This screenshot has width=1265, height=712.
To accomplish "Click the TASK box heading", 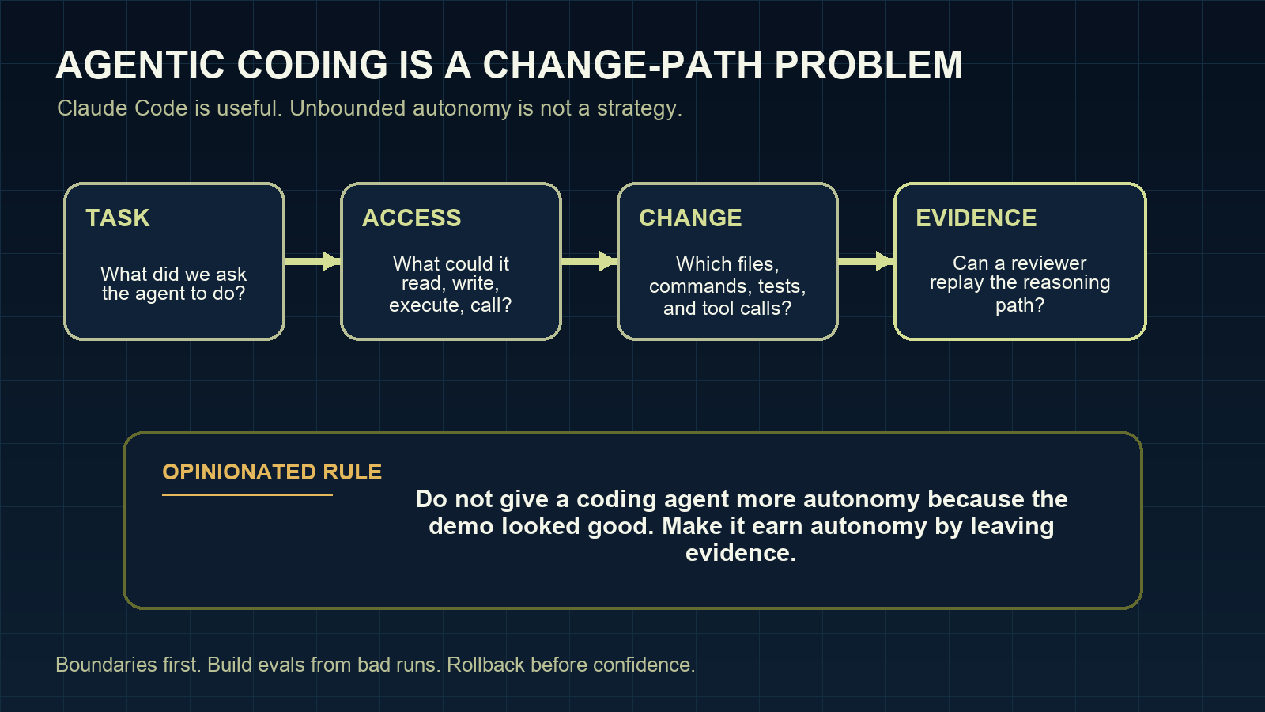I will point(118,218).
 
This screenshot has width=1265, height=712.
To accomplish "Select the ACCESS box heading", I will point(411,218).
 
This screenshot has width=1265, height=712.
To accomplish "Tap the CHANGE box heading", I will point(690,218).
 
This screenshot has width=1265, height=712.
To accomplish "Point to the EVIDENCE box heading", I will point(976,218).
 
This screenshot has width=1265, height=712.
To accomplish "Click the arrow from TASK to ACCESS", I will point(312,261).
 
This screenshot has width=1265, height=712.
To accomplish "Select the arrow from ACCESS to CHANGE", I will point(589,261).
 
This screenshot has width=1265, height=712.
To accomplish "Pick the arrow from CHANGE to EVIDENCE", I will point(866,261).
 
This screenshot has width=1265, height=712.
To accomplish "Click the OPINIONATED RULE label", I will point(272,472).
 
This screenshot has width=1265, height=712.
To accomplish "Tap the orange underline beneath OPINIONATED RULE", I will point(247,495).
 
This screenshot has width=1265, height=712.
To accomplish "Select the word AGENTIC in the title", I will point(141,66).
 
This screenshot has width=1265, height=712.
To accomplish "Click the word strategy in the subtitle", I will point(638,108).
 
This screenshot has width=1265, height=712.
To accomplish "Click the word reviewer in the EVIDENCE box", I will point(1048,263).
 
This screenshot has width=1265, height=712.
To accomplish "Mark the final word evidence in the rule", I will point(740,553).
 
